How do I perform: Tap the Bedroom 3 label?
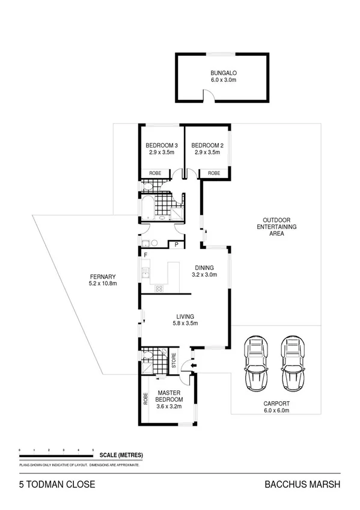click(x=162, y=149)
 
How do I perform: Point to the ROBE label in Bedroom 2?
click(x=214, y=173)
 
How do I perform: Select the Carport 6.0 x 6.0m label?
click(x=276, y=408)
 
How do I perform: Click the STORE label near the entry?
click(x=174, y=361)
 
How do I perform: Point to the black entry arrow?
click(x=192, y=364)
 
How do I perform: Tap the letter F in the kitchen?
click(x=145, y=255)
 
